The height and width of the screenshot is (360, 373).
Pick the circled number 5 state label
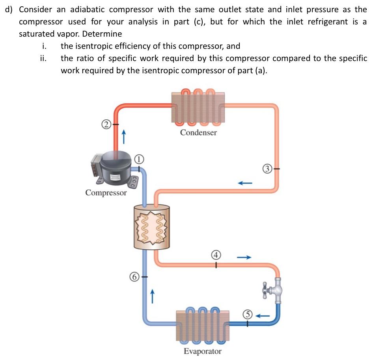tap(247, 315)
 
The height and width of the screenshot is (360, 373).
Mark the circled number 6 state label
tap(134, 277)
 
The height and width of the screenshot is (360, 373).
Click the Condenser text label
tap(198, 133)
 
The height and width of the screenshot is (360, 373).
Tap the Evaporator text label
tap(202, 351)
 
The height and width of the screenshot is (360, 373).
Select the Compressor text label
tap(106, 193)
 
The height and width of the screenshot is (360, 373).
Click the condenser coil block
tap(198, 107)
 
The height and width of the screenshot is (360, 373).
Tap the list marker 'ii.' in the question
tap(44, 59)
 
